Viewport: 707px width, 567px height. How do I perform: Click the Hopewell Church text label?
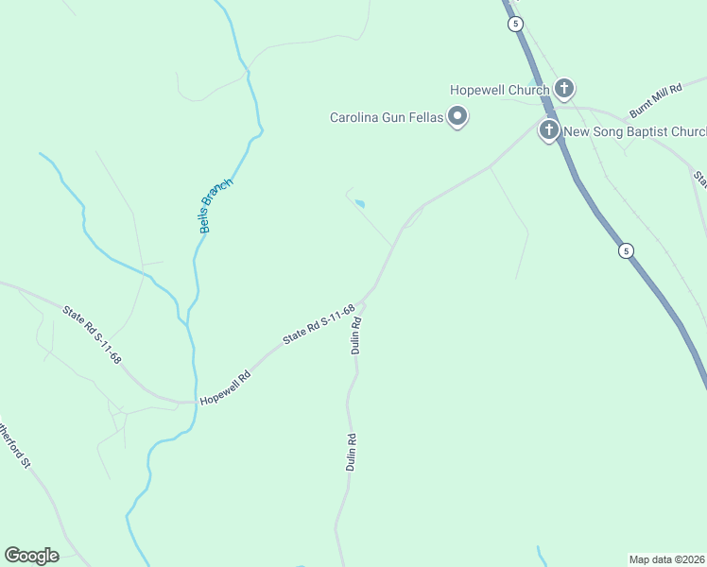[x=500, y=90]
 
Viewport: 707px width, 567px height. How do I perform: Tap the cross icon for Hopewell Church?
[x=563, y=90]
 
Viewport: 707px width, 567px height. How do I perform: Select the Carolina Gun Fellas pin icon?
[x=458, y=117]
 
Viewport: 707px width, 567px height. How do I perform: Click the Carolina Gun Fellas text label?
[x=387, y=118]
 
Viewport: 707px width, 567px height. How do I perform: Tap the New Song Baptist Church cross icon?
[x=548, y=130]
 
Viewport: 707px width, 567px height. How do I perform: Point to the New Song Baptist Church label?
[x=633, y=131]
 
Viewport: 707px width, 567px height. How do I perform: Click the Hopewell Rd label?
[x=224, y=388]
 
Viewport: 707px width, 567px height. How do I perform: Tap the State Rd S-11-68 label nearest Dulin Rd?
[x=319, y=324]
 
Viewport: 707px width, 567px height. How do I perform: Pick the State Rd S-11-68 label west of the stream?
[x=93, y=335]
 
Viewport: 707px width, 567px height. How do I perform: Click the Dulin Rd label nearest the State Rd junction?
[x=357, y=335]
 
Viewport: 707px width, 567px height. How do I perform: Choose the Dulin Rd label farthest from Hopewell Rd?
[x=351, y=452]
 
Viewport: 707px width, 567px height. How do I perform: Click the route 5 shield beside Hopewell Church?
[x=515, y=25]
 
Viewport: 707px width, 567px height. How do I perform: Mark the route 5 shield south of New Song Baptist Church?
[x=626, y=250]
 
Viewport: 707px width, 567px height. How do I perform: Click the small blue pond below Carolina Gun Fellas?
[x=359, y=203]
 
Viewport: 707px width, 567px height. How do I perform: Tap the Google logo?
[x=31, y=556]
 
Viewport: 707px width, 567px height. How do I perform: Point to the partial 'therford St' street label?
[x=13, y=444]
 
